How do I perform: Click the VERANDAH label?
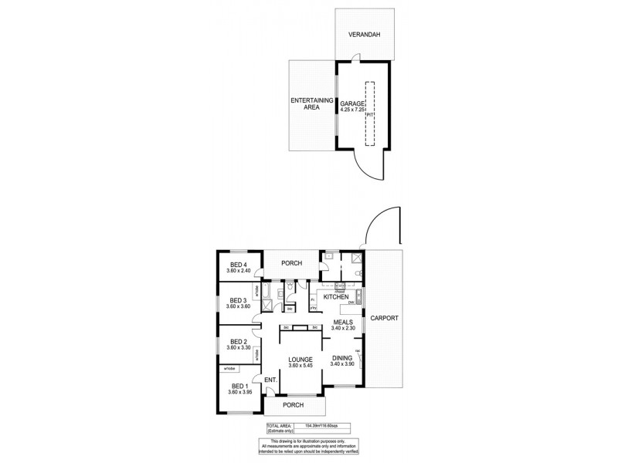[x=362, y=35]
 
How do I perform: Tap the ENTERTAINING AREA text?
[x=311, y=104]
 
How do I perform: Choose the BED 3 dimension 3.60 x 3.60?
[x=240, y=306]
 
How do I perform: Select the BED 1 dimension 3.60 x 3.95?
[x=240, y=393]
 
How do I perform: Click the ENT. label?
[x=270, y=380]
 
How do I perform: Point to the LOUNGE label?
[x=299, y=359]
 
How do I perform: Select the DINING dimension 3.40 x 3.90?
[x=341, y=364]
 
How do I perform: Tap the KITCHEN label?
[x=337, y=297]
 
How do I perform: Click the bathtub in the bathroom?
[x=266, y=293]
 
